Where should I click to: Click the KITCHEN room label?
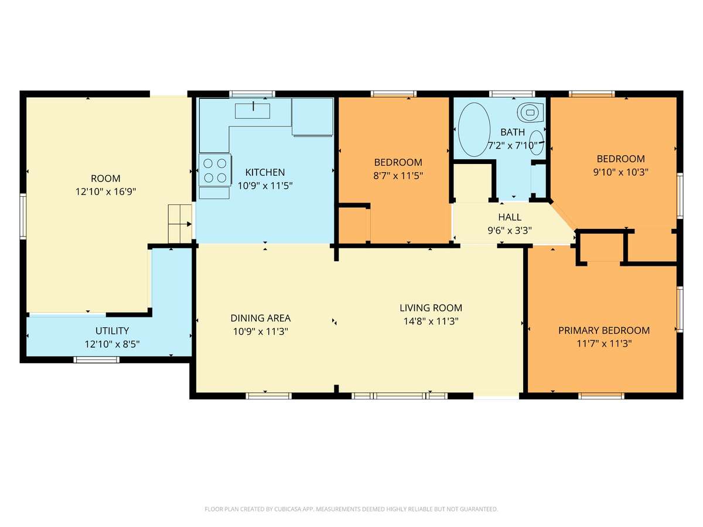pyautogui.click(x=265, y=172)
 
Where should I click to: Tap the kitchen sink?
pyautogui.click(x=252, y=111)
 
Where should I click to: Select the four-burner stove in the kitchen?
pyautogui.click(x=214, y=170)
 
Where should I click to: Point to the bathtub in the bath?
pyautogui.click(x=474, y=129)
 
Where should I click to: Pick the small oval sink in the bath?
pyautogui.click(x=536, y=143)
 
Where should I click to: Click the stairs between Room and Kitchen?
pyautogui.click(x=180, y=224)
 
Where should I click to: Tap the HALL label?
pyautogui.click(x=510, y=217)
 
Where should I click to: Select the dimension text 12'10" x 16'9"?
pyautogui.click(x=105, y=191)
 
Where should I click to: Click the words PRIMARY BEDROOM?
pyautogui.click(x=604, y=330)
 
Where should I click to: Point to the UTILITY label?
pyautogui.click(x=112, y=330)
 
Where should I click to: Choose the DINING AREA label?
pyautogui.click(x=260, y=318)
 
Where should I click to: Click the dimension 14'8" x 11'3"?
pyautogui.click(x=431, y=321)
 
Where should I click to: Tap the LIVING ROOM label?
pyautogui.click(x=431, y=308)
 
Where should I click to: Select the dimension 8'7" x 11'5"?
pyautogui.click(x=398, y=176)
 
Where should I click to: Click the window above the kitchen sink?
pyautogui.click(x=252, y=94)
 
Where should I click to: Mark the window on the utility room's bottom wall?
pyautogui.click(x=97, y=360)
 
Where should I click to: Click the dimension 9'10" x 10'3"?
pyautogui.click(x=620, y=172)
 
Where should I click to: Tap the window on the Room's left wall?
pyautogui.click(x=23, y=216)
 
